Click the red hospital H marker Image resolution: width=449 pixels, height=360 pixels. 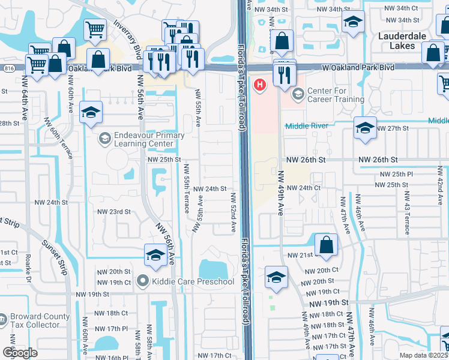point(260,85)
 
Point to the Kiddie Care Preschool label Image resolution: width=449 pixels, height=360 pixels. point(185,281)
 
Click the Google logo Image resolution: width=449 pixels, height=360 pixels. point(20,353)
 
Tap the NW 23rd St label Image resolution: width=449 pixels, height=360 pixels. point(113,211)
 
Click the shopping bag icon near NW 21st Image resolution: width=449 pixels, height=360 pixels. point(325,245)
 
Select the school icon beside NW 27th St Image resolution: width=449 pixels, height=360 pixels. point(364,129)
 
